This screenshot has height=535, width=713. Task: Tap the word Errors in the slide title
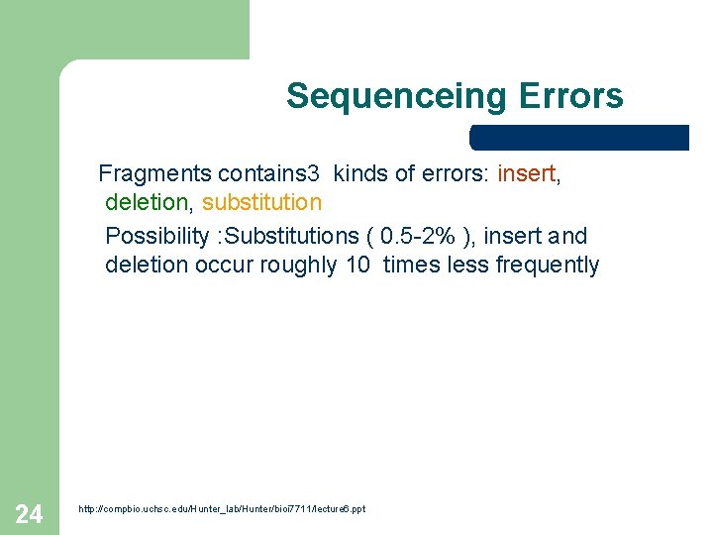(569, 96)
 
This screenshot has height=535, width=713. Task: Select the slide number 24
(29, 513)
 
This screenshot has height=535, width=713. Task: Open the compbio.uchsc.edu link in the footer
(222, 509)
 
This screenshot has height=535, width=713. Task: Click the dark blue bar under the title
(578, 138)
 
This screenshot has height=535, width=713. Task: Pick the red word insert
(527, 174)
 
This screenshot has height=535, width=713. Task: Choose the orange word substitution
(261, 203)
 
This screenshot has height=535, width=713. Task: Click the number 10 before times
(358, 266)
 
